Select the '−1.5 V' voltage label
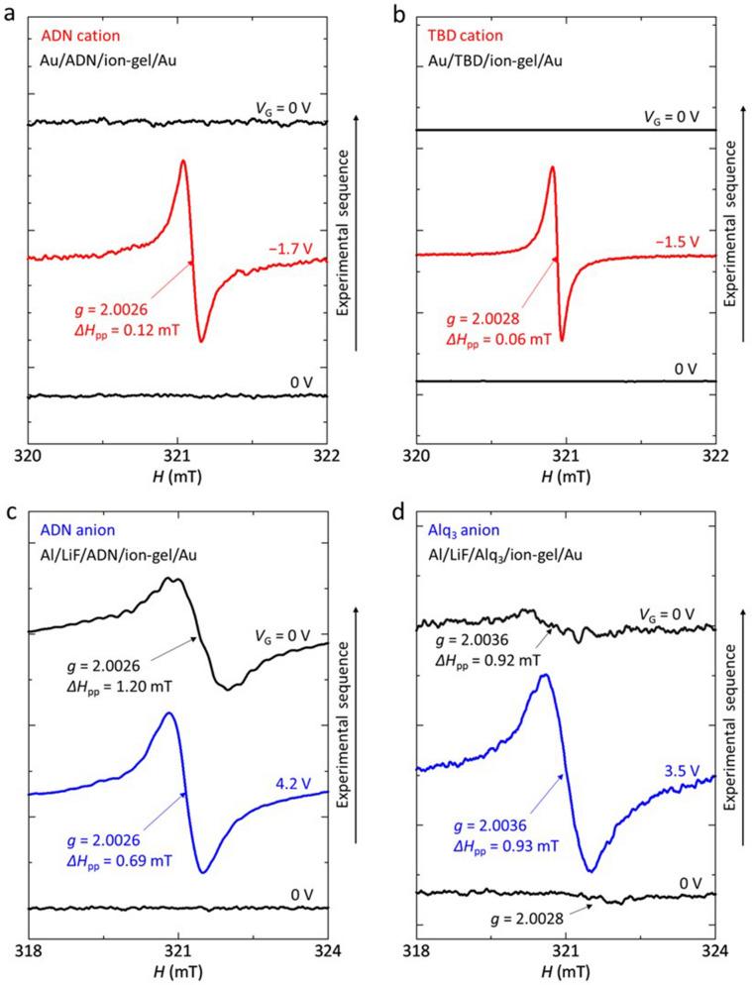click(676, 241)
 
